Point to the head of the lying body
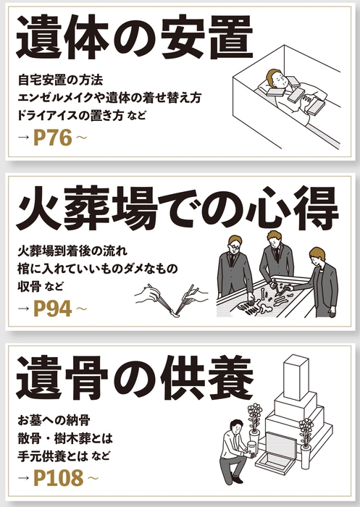[x=274, y=77]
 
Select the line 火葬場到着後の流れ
[x=72, y=251]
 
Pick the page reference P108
[x=59, y=478]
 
